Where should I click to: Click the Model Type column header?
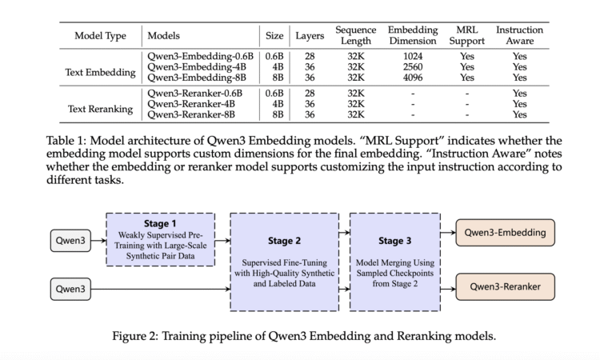(102, 36)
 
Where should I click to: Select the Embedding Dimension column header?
(412, 36)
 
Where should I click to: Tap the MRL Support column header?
(467, 36)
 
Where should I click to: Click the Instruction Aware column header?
(519, 36)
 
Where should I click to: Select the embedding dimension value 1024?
(412, 57)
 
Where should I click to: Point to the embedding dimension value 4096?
(412, 78)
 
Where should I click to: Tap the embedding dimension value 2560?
(412, 67)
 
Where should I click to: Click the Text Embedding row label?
(100, 73)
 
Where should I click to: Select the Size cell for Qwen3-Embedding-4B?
(278, 67)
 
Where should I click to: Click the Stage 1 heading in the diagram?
(160, 222)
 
